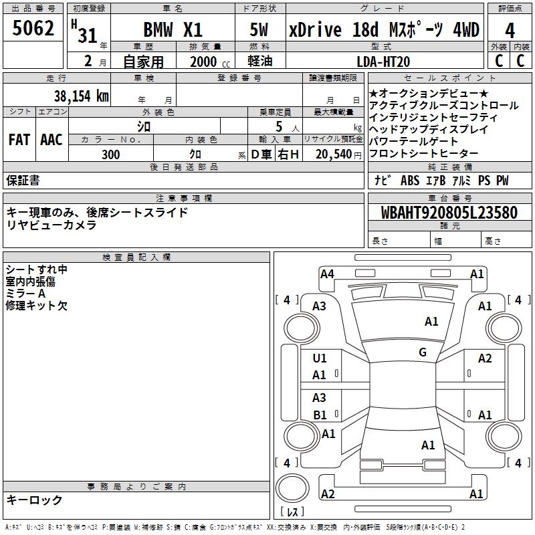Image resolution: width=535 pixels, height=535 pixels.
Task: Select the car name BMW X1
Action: coord(173,30)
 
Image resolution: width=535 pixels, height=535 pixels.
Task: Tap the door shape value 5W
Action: coord(259,30)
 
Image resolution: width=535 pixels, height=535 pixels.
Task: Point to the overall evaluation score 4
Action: coord(510,30)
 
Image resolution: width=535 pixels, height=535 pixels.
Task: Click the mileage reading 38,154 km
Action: coord(81,96)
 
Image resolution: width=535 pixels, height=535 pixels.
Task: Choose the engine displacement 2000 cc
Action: coord(205,62)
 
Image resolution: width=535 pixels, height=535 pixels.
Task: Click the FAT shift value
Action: coord(19,140)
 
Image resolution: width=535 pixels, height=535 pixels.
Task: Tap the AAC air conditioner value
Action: coord(51,140)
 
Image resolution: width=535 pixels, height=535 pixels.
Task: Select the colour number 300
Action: coord(111,154)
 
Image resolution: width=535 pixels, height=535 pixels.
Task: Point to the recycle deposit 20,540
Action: coord(329,154)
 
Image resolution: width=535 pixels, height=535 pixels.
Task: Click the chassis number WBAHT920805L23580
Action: coord(449,213)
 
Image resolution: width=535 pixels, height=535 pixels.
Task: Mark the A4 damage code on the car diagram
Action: coord(327,274)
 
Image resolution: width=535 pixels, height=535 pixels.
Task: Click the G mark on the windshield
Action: coord(423,352)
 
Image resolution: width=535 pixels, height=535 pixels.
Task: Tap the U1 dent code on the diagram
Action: coord(320,358)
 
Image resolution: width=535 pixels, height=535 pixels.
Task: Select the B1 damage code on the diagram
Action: coord(320,415)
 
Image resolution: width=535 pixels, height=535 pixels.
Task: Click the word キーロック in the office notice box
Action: coord(35,500)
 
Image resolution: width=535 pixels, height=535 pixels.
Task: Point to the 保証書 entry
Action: coord(23,180)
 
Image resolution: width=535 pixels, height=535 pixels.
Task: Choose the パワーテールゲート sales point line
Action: coord(413,141)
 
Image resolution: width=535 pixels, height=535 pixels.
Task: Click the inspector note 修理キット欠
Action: coord(36,306)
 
